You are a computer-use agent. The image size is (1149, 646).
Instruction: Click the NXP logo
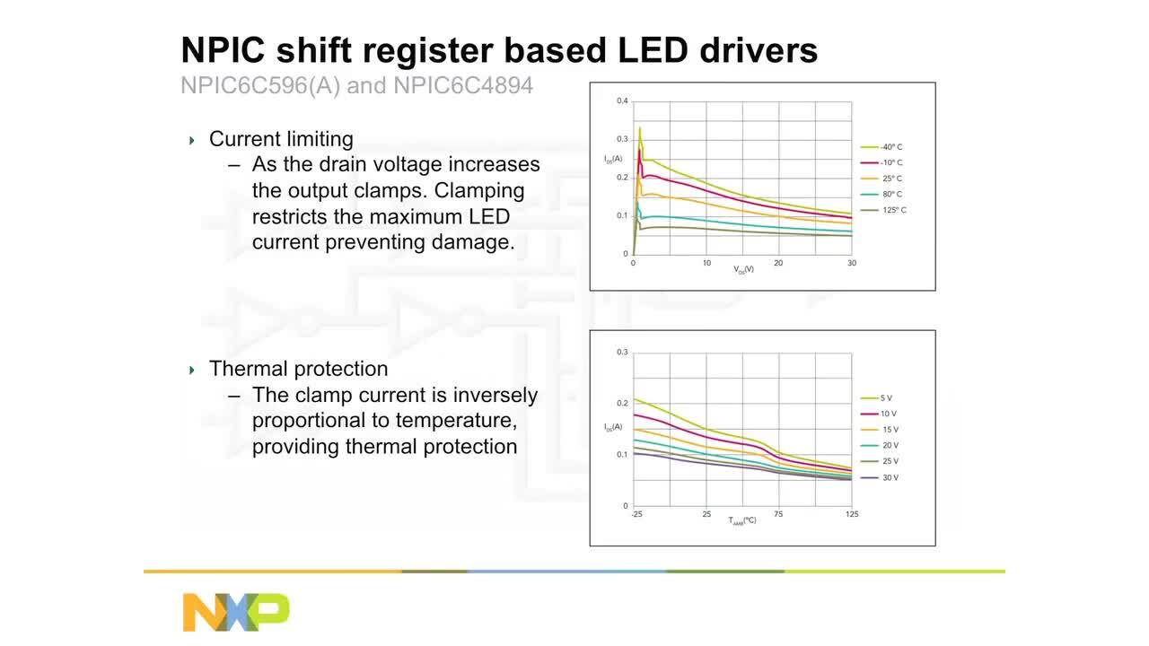(x=236, y=611)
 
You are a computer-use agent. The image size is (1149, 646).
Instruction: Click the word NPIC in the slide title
(x=224, y=50)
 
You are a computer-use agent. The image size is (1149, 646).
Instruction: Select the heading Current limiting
(x=281, y=139)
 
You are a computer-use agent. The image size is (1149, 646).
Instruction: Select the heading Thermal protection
(x=298, y=369)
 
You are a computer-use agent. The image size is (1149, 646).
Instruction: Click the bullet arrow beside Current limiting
(x=192, y=140)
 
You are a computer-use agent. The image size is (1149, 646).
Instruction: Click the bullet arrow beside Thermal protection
(x=192, y=370)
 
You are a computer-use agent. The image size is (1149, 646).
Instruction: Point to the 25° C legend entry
(x=890, y=179)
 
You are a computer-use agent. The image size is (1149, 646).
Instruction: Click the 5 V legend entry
(x=886, y=398)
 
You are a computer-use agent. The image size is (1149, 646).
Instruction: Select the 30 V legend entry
(x=889, y=477)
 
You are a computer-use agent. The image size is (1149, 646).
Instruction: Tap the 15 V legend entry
(x=889, y=430)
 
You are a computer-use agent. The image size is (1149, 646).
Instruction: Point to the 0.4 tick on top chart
(x=622, y=101)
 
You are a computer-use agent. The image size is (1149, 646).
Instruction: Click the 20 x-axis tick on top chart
(x=778, y=263)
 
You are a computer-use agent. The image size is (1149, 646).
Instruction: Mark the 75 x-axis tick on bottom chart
(x=778, y=514)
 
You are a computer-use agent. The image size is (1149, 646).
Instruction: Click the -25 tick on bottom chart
(x=636, y=514)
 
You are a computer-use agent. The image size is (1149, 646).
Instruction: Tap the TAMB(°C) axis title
(x=742, y=520)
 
